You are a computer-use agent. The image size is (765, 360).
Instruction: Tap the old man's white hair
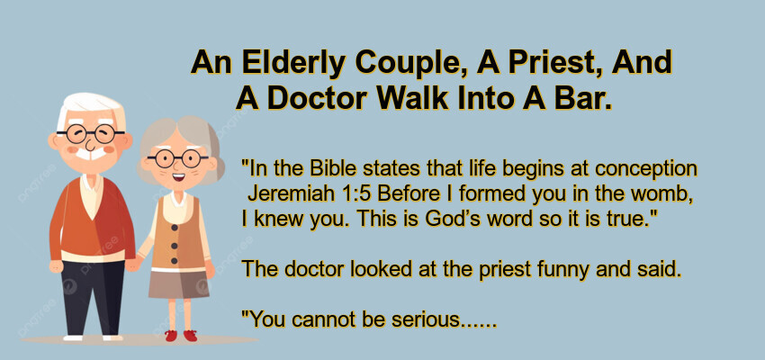[x=90, y=109]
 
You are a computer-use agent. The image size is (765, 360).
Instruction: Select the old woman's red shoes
[x=181, y=336]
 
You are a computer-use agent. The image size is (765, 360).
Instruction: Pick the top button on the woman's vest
[x=174, y=226]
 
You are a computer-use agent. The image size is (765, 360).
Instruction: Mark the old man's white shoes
[x=93, y=337]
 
